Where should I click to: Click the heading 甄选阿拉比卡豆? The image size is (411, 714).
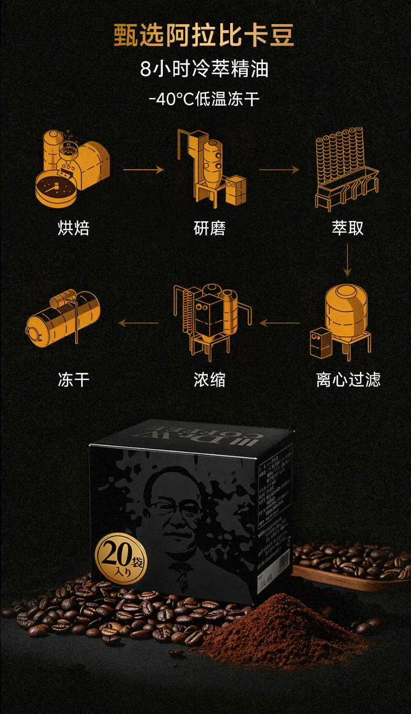(x=204, y=35)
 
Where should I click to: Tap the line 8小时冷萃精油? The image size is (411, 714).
(x=204, y=70)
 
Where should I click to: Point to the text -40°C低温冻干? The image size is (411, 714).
(x=204, y=100)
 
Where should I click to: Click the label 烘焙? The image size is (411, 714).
(x=73, y=228)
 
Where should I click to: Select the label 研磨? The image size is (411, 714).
(x=209, y=228)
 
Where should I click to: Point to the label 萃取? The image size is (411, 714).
(x=347, y=228)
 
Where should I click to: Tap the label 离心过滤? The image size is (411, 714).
(x=348, y=379)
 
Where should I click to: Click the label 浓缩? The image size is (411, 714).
(x=209, y=379)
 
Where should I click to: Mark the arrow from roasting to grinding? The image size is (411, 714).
(x=144, y=170)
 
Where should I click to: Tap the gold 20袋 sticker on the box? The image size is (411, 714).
(x=121, y=557)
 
